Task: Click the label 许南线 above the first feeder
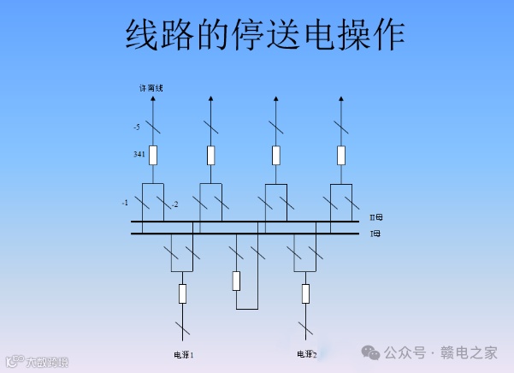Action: [151, 87]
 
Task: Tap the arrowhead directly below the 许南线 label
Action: [153, 99]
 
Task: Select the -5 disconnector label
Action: [137, 127]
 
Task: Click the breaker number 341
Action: [139, 155]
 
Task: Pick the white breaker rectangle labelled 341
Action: [153, 155]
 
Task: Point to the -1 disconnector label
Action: [125, 203]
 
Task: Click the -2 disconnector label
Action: [174, 204]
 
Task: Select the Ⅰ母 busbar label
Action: [375, 233]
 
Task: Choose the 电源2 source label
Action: [307, 353]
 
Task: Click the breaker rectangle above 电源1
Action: [182, 293]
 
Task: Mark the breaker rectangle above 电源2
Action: [306, 293]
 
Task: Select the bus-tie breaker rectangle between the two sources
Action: [237, 280]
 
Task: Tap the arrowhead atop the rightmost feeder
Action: [341, 99]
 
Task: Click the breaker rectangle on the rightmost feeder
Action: [341, 155]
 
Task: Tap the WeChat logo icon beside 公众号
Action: [371, 352]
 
